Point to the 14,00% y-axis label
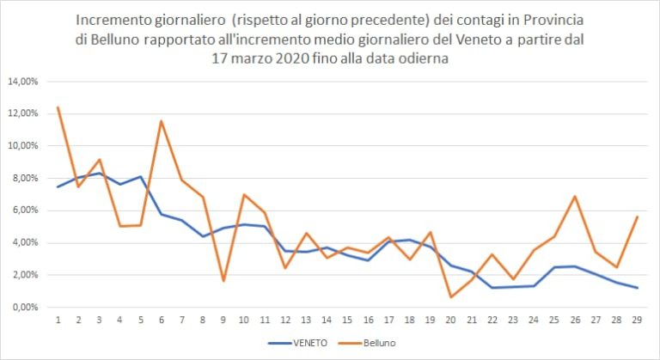(x=23, y=82)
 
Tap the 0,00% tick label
(x=25, y=307)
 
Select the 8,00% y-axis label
(x=25, y=178)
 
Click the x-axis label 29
(x=637, y=320)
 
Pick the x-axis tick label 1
(x=58, y=320)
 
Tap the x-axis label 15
(x=347, y=320)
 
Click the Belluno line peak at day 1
(x=58, y=107)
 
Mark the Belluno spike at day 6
(x=161, y=121)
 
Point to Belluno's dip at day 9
(x=223, y=281)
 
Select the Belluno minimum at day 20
(x=450, y=297)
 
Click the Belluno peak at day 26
(x=575, y=197)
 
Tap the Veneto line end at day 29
(x=637, y=288)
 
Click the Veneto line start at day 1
(x=58, y=186)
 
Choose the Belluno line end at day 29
(x=637, y=217)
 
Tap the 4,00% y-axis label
(x=25, y=242)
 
